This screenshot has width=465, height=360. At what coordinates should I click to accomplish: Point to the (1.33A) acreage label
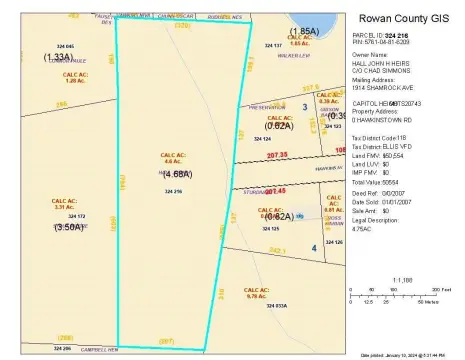(x=56, y=57)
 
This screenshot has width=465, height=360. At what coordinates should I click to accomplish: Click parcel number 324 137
(x=273, y=45)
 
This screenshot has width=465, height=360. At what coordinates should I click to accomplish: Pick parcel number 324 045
(x=65, y=45)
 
